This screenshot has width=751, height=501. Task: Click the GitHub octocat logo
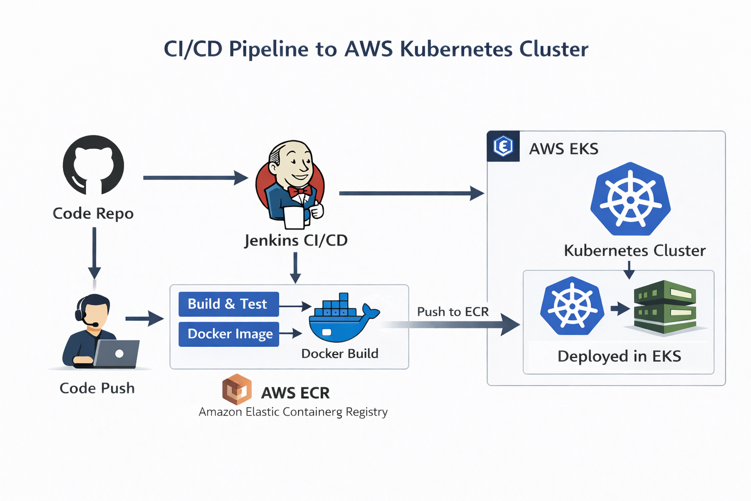pos(93,165)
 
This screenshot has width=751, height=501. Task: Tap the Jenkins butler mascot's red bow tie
pos(300,191)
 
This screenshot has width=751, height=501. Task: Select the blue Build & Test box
pos(228,304)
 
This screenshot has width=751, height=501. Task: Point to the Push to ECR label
pos(453,312)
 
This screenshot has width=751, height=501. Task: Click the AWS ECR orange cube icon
pos(237,389)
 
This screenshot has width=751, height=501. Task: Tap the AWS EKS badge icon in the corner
pos(503,146)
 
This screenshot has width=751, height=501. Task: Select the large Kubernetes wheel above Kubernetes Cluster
pos(630,199)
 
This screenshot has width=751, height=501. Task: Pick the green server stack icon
pos(665,307)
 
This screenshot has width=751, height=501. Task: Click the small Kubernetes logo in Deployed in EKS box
pos(572,306)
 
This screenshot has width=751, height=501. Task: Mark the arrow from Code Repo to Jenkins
pos(196,178)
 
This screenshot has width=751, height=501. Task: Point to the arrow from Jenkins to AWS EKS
pos(411,193)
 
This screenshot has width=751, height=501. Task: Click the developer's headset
pos(81,311)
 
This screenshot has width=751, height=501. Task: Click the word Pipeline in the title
pos(283,49)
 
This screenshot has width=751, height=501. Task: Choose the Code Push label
pos(97,388)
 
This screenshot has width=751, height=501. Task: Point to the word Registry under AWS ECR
pos(366,412)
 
